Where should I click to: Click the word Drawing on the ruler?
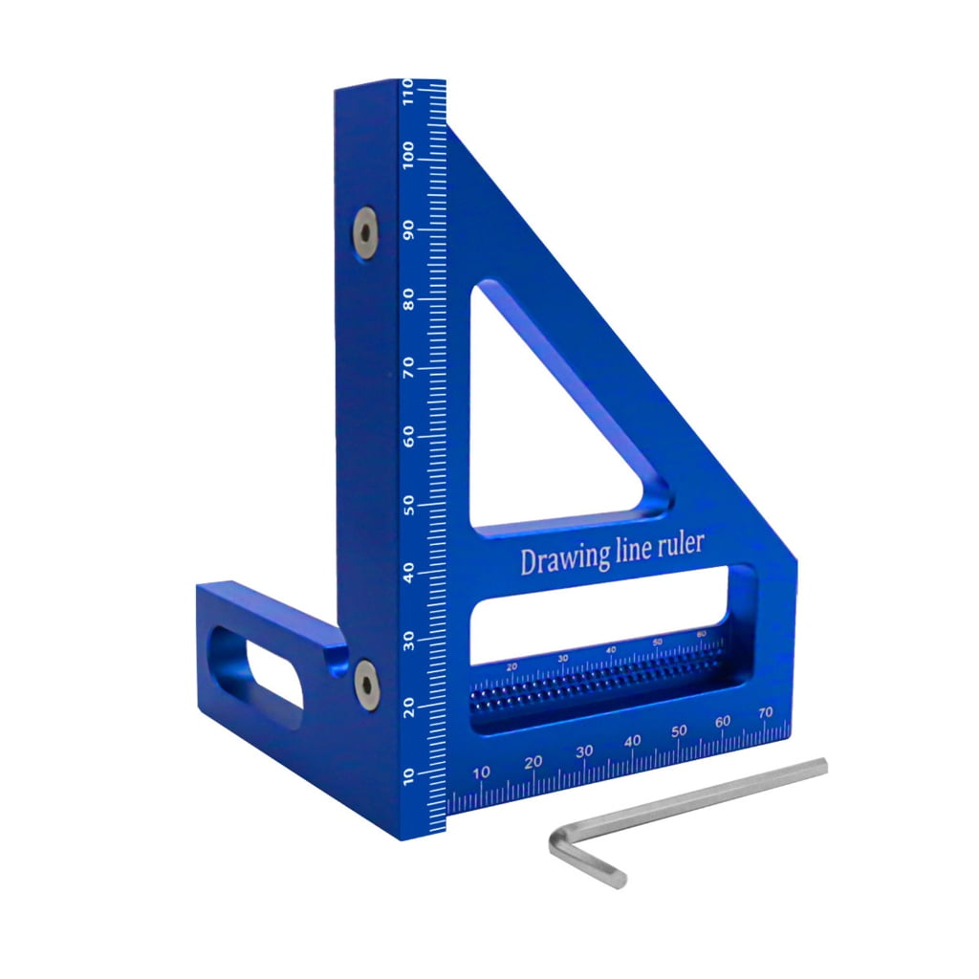558,560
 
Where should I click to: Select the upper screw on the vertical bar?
364,225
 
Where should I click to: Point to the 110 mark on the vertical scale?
408,93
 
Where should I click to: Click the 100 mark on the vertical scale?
408,155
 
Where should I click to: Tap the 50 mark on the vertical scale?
410,505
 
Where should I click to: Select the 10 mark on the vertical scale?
410,775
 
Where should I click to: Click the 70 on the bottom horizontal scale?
765,712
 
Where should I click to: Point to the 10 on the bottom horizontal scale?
482,772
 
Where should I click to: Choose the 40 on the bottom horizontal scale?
632,741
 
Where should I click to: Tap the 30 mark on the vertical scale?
410,642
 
